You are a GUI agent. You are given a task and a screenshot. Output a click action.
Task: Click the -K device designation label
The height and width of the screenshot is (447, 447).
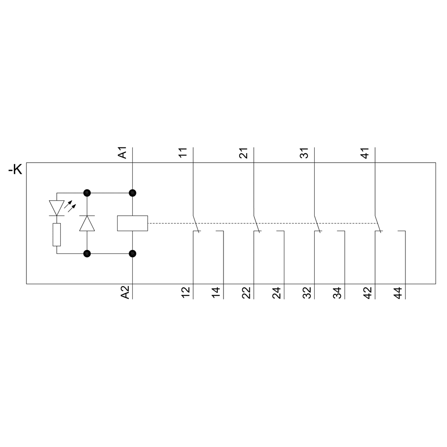15,170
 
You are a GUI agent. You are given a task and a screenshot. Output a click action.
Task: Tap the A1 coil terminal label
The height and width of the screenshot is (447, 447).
122,153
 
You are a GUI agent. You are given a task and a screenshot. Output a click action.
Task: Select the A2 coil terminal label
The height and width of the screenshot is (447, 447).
125,292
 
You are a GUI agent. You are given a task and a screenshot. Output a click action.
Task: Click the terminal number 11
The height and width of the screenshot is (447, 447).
183,152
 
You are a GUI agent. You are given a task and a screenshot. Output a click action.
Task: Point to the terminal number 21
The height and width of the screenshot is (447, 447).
244,153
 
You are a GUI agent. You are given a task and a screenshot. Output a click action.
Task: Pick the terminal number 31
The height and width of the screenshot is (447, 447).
304,153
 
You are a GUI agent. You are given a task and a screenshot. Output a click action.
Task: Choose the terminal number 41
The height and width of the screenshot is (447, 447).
365,153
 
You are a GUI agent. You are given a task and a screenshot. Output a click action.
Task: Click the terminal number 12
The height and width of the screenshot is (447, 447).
186,293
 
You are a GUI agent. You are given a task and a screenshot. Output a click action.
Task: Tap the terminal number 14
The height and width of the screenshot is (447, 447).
216,293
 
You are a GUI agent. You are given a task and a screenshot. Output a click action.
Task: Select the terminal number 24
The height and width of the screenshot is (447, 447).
277,293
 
